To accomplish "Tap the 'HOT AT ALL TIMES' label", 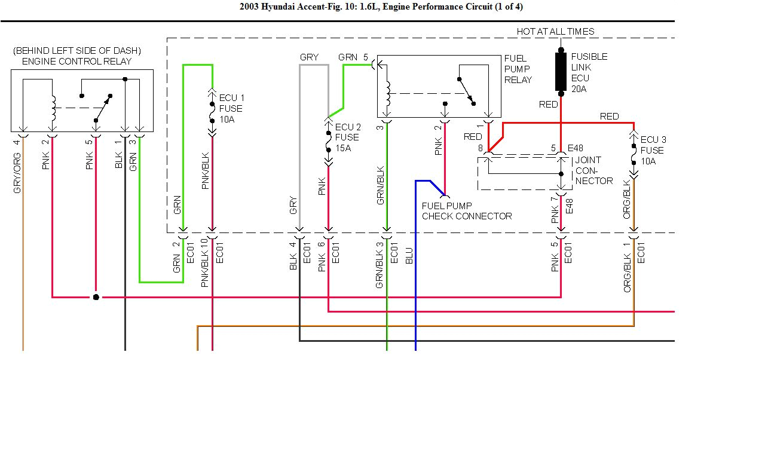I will (x=555, y=32).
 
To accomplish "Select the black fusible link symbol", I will (x=561, y=72).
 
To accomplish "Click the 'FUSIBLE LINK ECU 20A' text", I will (x=589, y=73).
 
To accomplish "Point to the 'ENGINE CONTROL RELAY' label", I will (x=76, y=61).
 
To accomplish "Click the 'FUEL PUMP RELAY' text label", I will (x=518, y=69).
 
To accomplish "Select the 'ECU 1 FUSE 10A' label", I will (x=231, y=108).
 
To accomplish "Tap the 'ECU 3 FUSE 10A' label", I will (x=653, y=151).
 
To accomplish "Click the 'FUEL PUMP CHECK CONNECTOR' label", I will (x=467, y=211).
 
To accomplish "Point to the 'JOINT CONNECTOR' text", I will (x=593, y=170).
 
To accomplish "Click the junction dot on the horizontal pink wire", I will (x=96, y=296).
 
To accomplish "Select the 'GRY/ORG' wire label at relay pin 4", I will (x=17, y=173).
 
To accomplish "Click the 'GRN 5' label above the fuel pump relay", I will (x=353, y=57).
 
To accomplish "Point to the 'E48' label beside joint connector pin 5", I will (x=575, y=148).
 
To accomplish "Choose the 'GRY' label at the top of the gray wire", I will (x=309, y=57).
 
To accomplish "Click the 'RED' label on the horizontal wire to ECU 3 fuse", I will (x=609, y=117).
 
